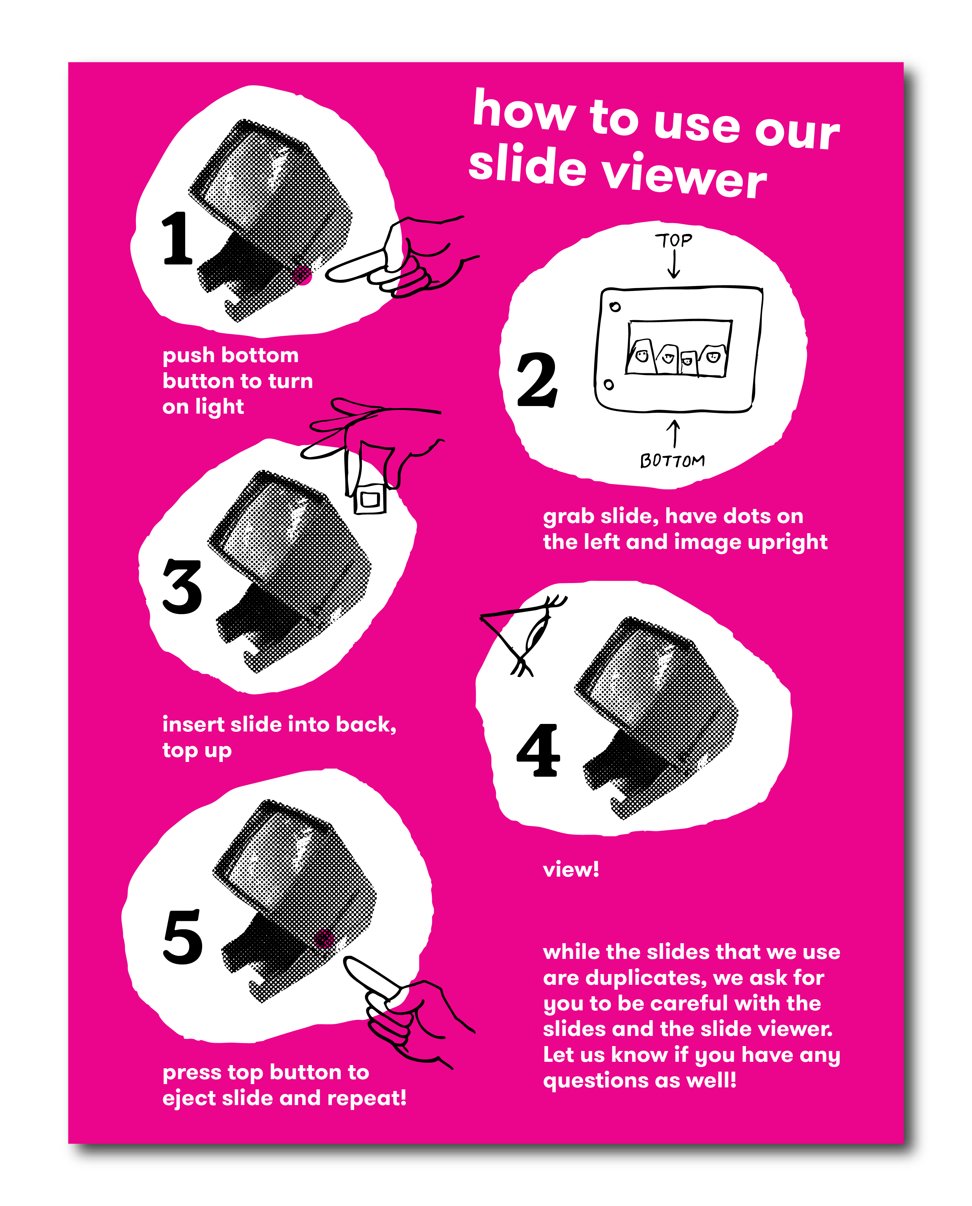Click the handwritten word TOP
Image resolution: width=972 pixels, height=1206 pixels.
click(674, 240)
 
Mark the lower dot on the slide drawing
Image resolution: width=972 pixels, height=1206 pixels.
click(609, 385)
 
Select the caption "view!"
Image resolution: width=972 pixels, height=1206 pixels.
click(571, 869)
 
